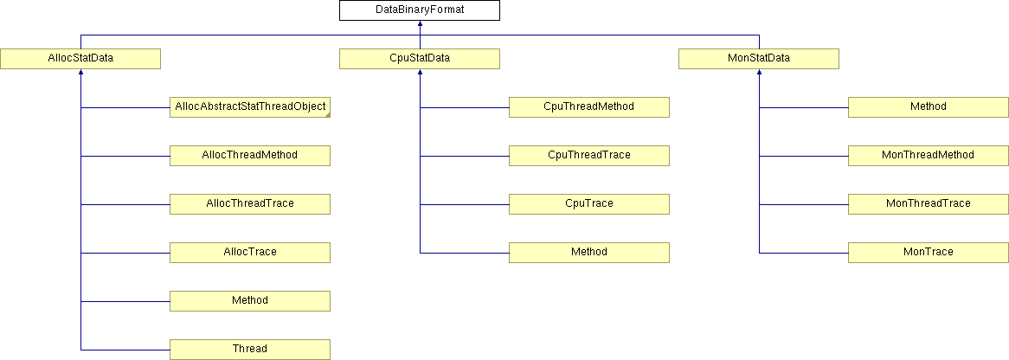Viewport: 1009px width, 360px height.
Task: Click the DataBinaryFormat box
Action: click(420, 10)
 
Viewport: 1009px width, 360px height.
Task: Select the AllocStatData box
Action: click(80, 59)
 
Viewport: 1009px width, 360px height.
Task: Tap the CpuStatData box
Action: click(420, 59)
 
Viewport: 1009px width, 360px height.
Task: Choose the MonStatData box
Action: click(759, 59)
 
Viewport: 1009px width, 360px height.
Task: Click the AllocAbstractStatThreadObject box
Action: click(250, 107)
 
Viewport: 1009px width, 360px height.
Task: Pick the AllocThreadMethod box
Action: click(250, 156)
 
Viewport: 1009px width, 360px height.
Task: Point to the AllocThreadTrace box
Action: click(250, 204)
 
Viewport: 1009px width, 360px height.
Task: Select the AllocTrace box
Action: click(250, 253)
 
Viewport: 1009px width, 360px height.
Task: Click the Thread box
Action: click(250, 350)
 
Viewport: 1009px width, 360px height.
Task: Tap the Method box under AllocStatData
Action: click(250, 301)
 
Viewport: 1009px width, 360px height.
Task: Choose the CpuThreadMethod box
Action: click(588, 107)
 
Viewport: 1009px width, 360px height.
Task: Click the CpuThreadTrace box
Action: click(588, 156)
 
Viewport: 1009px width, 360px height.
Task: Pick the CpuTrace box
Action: click(588, 204)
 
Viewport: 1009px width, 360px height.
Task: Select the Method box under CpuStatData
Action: click(588, 253)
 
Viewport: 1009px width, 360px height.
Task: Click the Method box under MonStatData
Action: click(929, 107)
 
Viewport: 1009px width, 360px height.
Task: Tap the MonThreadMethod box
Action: click(929, 156)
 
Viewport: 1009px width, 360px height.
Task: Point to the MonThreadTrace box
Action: click(929, 204)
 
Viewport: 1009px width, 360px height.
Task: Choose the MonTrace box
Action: click(929, 253)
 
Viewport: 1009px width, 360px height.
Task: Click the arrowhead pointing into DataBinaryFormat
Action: click(420, 24)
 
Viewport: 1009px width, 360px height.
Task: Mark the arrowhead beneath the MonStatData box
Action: click(759, 72)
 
